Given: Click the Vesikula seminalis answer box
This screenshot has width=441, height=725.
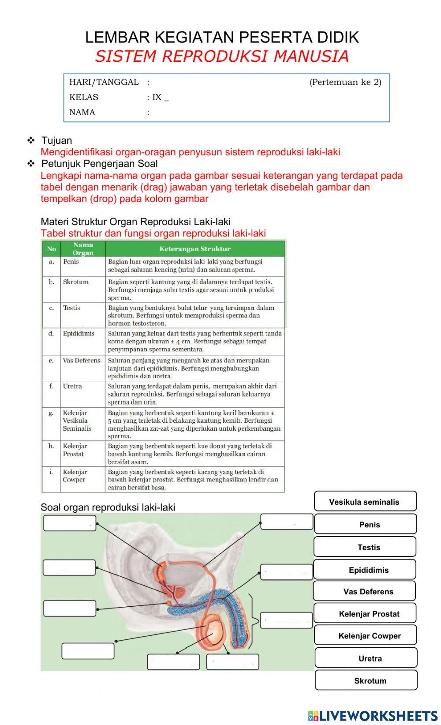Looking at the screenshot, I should pos(365,502).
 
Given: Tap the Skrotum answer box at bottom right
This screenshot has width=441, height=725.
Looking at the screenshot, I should pos(366,680).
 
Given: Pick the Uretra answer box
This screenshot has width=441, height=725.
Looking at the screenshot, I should pos(366,658).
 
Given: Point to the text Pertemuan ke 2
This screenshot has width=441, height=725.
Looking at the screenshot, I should pos(345,82).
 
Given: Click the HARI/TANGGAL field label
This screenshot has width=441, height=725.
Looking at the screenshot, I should pos(104,82).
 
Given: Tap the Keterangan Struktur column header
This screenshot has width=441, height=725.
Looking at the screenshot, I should pos(194,249).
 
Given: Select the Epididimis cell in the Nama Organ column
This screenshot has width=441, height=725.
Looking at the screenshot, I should pos(78,334).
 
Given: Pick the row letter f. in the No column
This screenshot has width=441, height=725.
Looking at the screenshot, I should pos(51,386).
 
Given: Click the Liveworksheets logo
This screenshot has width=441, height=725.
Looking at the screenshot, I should pos(372,715).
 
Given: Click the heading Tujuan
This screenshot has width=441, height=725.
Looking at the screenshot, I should pos(56,141).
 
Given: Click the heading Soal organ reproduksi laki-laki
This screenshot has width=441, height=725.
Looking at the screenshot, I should pos(108,507).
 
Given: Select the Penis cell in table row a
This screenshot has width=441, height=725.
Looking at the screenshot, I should pos(71,262).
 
